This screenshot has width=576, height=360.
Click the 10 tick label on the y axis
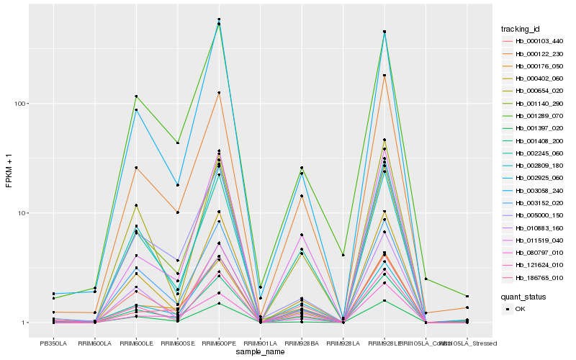pos(21,213)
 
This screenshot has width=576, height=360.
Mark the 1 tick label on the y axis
pos(22,323)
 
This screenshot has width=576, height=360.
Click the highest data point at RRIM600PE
pos(219,19)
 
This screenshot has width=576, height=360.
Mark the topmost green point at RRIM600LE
pos(136,96)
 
